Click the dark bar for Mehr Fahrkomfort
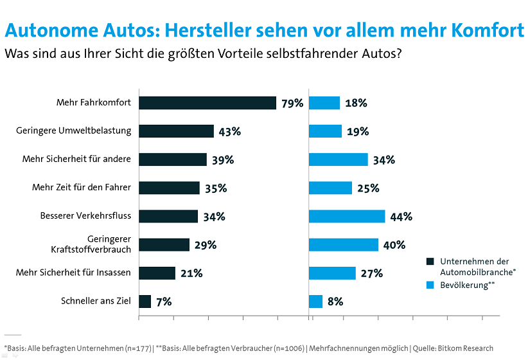click(x=207, y=103)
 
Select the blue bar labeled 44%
click(x=347, y=216)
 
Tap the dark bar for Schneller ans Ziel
click(x=145, y=301)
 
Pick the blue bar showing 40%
click(x=344, y=245)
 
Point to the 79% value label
click(x=292, y=103)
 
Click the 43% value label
click(x=229, y=131)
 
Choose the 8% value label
click(x=335, y=301)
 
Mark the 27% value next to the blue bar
click(x=371, y=273)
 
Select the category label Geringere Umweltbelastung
click(x=73, y=130)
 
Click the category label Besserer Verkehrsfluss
click(x=85, y=216)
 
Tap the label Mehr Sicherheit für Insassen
click(x=73, y=273)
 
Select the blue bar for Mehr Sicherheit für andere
click(x=339, y=159)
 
